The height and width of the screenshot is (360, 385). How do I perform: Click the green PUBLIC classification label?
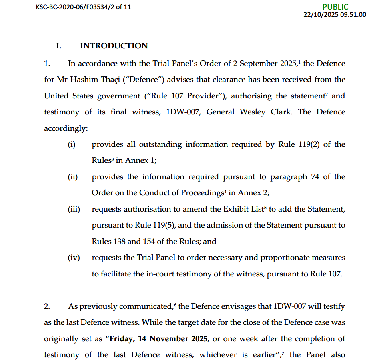(335, 7)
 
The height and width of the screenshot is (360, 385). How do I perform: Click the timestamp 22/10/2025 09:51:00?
(335, 15)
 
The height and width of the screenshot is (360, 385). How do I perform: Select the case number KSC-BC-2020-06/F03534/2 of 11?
(83, 7)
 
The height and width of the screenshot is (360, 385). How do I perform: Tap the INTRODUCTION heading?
(114, 46)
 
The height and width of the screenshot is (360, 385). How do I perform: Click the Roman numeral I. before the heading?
(58, 46)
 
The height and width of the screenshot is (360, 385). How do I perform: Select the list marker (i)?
(72, 144)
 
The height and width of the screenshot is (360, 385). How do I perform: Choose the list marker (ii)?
(72, 177)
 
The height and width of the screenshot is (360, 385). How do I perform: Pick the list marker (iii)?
(74, 209)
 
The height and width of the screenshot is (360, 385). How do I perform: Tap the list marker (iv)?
(74, 258)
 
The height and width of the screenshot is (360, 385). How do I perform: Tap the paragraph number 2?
(47, 307)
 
